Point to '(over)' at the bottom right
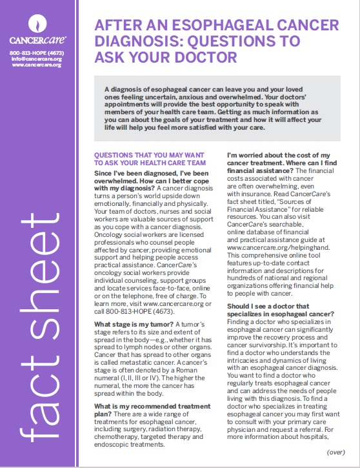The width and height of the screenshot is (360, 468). coord(335,453)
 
